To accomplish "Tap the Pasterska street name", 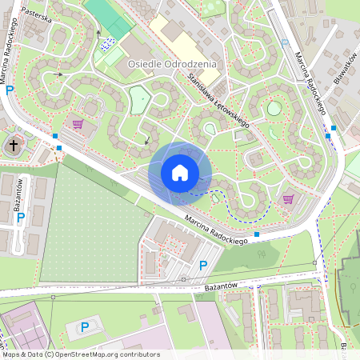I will pyautogui.click(x=37, y=15).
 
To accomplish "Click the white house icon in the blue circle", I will pyautogui.click(x=180, y=172).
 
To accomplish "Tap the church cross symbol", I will pyautogui.click(x=14, y=146).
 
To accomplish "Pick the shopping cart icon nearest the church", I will pyautogui.click(x=78, y=124).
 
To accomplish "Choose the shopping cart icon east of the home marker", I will pyautogui.click(x=288, y=198).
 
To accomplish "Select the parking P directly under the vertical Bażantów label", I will pyautogui.click(x=21, y=217).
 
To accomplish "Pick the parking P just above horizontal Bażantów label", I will pyautogui.click(x=203, y=265).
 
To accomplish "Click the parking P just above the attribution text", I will pyautogui.click(x=85, y=326).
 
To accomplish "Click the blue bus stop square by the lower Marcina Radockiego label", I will pyautogui.click(x=256, y=234).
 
